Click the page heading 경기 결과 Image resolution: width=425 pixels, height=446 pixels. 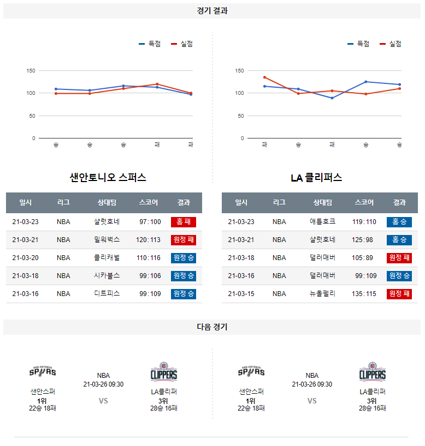point(212,11)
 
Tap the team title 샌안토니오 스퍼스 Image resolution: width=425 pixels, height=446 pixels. point(108,178)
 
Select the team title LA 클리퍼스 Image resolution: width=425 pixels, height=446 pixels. point(316,178)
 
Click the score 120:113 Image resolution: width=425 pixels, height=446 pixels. point(149,240)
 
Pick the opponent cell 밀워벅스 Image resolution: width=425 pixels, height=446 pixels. point(107,240)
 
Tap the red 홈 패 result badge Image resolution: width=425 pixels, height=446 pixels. point(184,222)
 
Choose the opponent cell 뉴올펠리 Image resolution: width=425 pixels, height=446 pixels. point(322,294)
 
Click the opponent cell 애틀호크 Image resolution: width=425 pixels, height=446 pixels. point(322,222)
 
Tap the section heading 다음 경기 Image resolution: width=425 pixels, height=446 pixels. point(212,327)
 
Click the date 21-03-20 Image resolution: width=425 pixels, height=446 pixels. point(26,258)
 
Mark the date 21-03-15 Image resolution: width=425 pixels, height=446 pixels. point(241,294)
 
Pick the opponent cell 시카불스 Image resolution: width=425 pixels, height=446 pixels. point(107,276)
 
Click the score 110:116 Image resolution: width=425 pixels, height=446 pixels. point(149,258)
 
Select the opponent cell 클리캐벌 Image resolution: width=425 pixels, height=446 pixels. point(107,258)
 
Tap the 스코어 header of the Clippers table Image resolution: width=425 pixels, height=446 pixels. point(364,202)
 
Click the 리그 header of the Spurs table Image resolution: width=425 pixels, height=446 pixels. point(63,202)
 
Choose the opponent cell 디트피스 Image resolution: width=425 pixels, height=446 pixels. point(107,294)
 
